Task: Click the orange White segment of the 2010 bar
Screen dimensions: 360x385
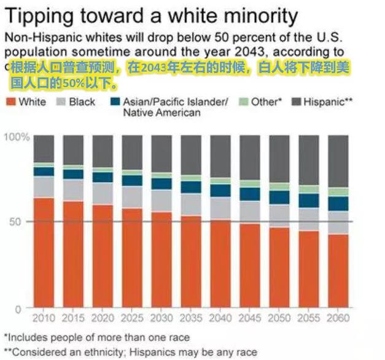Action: point(44,252)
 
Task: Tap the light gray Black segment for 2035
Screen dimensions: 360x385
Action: point(191,204)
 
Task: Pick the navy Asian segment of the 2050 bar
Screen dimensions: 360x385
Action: point(279,197)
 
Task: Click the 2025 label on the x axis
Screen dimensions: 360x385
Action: point(132,318)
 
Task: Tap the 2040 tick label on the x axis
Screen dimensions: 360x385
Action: point(220,318)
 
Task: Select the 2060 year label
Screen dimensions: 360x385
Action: point(338,318)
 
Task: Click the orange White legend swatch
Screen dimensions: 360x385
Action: point(10,101)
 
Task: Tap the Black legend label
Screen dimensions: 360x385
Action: point(83,101)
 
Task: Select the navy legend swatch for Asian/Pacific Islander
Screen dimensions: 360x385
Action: point(114,101)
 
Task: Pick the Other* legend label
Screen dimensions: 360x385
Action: point(265,101)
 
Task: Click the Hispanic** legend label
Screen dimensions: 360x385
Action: point(327,101)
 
